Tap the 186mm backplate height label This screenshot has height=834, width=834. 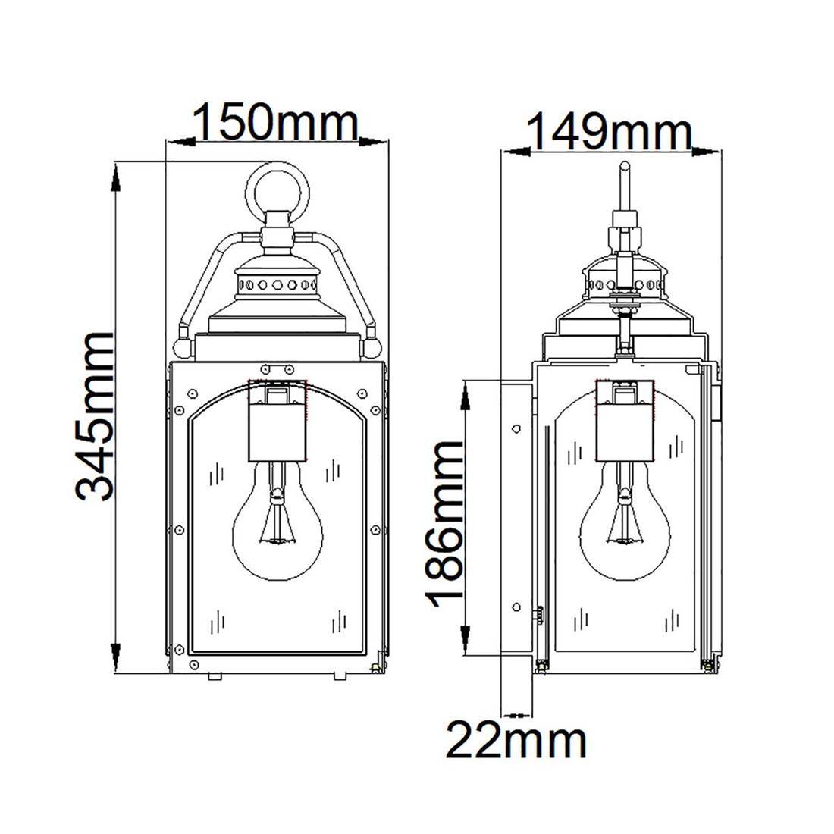pos(444,520)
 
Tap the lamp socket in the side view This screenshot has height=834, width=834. pos(623,422)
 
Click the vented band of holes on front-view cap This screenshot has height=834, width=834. pos(276,285)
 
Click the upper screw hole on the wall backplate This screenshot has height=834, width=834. pos(516,429)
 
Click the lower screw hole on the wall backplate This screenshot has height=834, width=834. pos(516,607)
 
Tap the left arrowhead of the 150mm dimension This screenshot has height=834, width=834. pos(179,141)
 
